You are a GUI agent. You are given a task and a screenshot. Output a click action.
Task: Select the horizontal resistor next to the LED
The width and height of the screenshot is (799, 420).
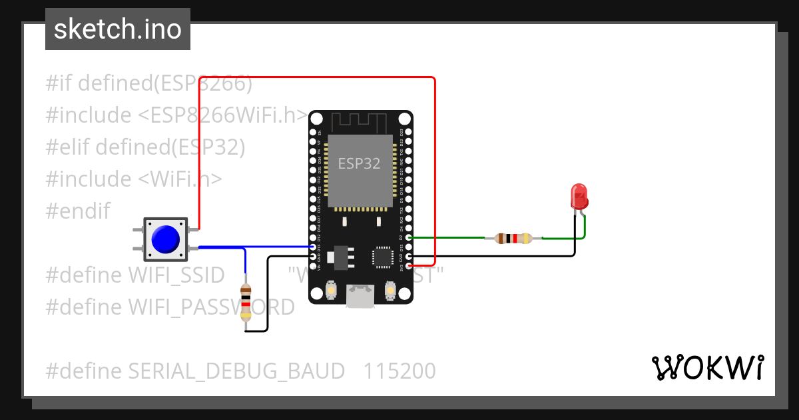(513, 238)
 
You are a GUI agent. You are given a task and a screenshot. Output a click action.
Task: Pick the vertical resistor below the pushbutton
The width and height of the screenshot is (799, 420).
(246, 303)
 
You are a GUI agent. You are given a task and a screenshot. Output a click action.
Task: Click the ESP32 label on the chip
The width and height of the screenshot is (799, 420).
(359, 163)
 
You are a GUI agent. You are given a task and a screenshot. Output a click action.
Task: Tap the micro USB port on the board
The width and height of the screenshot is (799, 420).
(360, 297)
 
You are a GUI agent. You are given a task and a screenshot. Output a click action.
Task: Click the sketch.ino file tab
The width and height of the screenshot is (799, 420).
(118, 29)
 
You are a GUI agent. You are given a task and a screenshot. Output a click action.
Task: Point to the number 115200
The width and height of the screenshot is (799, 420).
(400, 371)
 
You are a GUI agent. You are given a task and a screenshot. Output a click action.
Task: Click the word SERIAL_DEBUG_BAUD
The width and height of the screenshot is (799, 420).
(236, 371)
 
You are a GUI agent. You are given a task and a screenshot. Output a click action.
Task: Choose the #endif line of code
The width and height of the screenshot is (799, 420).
(78, 211)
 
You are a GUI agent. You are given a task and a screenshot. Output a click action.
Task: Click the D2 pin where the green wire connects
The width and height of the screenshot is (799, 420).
(409, 237)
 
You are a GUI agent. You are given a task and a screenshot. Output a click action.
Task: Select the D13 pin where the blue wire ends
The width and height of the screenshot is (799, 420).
(313, 247)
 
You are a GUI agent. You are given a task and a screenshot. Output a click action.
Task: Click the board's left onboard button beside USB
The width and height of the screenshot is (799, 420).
(330, 291)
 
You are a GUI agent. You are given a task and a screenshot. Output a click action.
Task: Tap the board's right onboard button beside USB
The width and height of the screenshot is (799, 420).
(390, 291)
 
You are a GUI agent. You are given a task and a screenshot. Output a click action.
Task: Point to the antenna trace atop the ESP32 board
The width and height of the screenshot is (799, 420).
(360, 122)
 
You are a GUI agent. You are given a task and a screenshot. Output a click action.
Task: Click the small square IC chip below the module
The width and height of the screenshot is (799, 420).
(383, 257)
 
